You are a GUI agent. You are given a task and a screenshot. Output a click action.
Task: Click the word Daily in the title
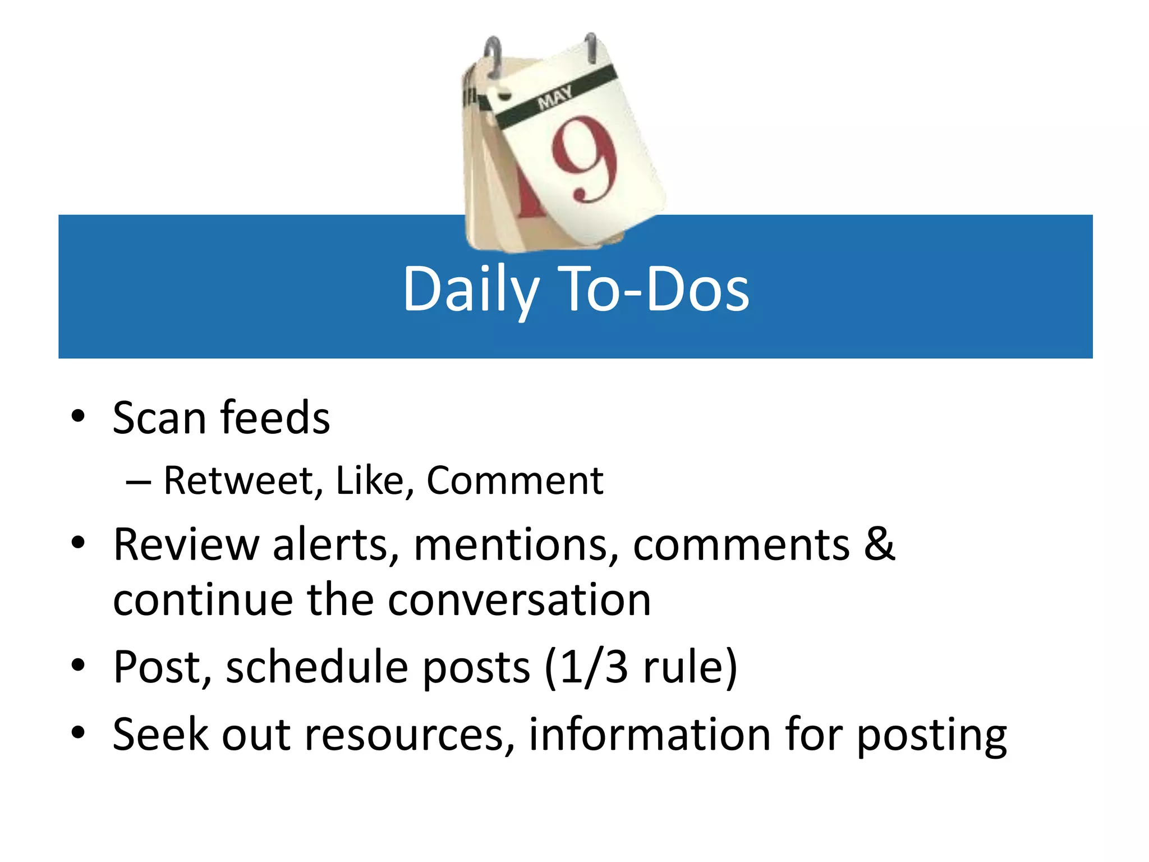[x=470, y=290]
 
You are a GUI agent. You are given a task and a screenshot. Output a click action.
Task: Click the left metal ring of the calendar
[x=494, y=56]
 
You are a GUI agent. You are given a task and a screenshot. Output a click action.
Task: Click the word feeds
[x=275, y=418]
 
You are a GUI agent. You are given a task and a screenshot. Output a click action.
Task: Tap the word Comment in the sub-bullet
[x=514, y=481]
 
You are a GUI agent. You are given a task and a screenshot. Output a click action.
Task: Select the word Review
[x=186, y=545]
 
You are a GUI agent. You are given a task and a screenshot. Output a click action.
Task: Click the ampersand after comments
[x=879, y=544]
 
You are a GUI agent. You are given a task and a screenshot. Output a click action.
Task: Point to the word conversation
[x=519, y=600]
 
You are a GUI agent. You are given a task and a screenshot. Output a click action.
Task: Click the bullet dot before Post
[x=78, y=665]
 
